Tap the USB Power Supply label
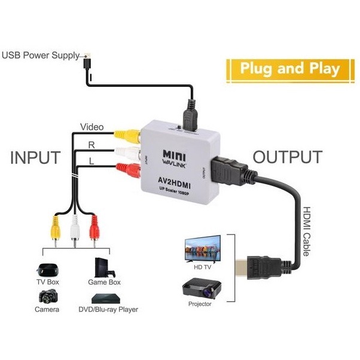point(40,56)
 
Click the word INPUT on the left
point(35,157)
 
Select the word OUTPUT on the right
point(287,157)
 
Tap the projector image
point(203,291)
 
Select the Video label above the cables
point(92,127)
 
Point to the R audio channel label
point(91,145)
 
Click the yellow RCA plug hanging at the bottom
point(54,230)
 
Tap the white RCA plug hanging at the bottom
point(74,230)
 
